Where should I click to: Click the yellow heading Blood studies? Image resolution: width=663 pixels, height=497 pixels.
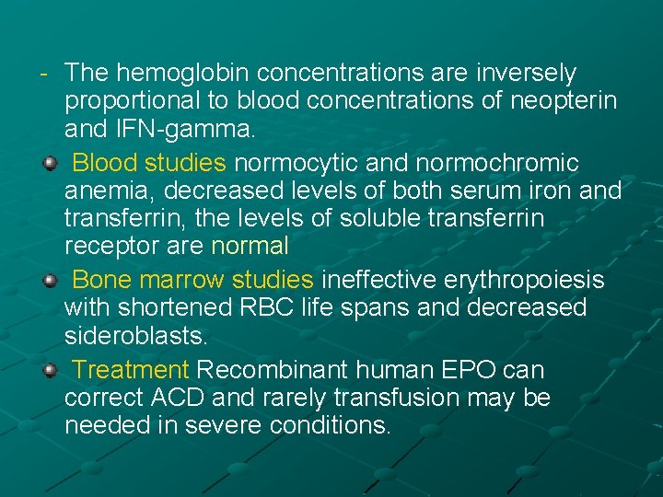[148, 164]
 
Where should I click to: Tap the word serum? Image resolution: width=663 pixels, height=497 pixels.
[487, 191]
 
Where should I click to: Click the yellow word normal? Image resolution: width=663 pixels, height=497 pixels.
[250, 247]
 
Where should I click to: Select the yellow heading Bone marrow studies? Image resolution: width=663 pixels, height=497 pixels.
[192, 279]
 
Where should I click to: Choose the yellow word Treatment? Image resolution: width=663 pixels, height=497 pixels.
[130, 370]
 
